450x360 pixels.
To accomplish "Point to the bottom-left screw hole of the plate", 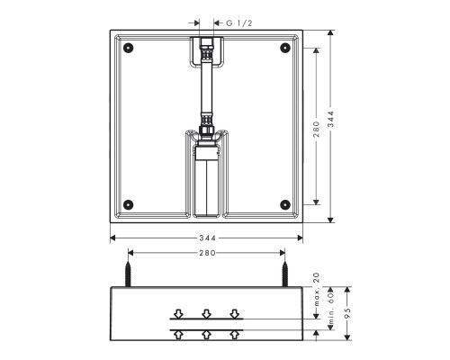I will pyautogui.click(x=129, y=202).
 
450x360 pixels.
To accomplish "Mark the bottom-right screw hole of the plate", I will pyautogui.click(x=286, y=202).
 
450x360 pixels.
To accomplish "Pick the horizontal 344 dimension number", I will pyautogui.click(x=207, y=238).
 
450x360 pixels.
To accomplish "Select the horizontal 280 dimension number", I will pyautogui.click(x=207, y=254).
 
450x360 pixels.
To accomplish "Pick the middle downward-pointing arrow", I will pyautogui.click(x=207, y=313).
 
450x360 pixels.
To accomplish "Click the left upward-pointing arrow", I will pyautogui.click(x=179, y=334).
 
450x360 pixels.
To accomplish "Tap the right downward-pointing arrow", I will pyautogui.click(x=235, y=313).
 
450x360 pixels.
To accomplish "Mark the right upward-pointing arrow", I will pyautogui.click(x=235, y=334).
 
